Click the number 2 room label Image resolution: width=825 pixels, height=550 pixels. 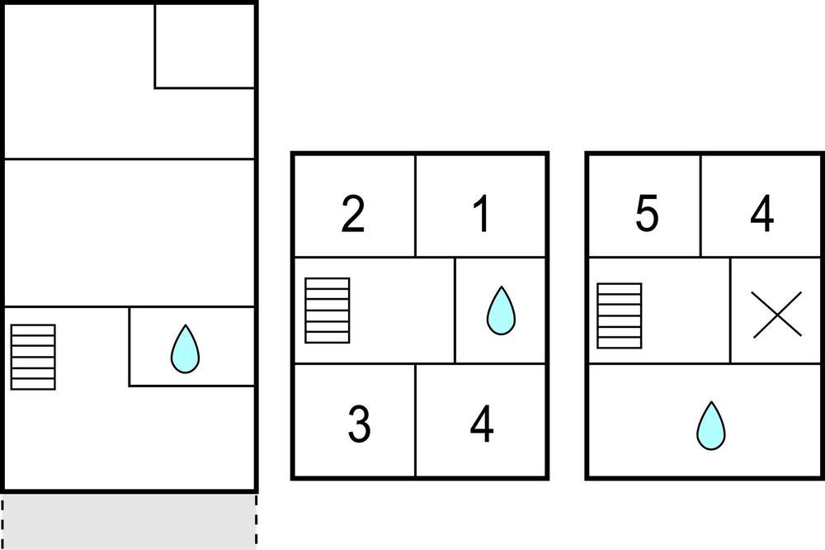pyautogui.click(x=352, y=213)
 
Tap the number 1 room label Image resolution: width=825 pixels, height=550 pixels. pyautogui.click(x=482, y=213)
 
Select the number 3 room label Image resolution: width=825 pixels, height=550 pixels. pyautogui.click(x=360, y=424)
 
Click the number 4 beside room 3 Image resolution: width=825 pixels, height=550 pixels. pyautogui.click(x=482, y=424)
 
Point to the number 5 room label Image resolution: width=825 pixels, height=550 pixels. pyautogui.click(x=647, y=213)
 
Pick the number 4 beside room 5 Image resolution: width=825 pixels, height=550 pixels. pyautogui.click(x=761, y=213)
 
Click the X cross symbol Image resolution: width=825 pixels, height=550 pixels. pyautogui.click(x=777, y=315)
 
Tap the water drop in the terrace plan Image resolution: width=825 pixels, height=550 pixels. pyautogui.click(x=185, y=348)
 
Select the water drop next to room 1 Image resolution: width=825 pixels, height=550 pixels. pyautogui.click(x=501, y=311)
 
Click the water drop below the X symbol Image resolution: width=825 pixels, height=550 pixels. pyautogui.click(x=711, y=425)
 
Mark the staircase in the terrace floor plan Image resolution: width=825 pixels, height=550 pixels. pyautogui.click(x=33, y=358)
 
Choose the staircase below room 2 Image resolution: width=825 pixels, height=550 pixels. pyautogui.click(x=328, y=311)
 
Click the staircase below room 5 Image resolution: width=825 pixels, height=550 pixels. pyautogui.click(x=620, y=315)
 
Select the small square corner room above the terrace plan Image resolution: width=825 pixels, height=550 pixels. pyautogui.click(x=205, y=46)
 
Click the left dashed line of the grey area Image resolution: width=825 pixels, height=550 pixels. pyautogui.click(x=3, y=522)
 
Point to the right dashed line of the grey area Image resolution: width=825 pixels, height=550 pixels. pyautogui.click(x=257, y=522)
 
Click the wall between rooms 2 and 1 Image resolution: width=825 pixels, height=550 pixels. pyautogui.click(x=416, y=206)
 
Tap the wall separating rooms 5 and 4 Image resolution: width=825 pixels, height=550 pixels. pyautogui.click(x=700, y=206)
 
